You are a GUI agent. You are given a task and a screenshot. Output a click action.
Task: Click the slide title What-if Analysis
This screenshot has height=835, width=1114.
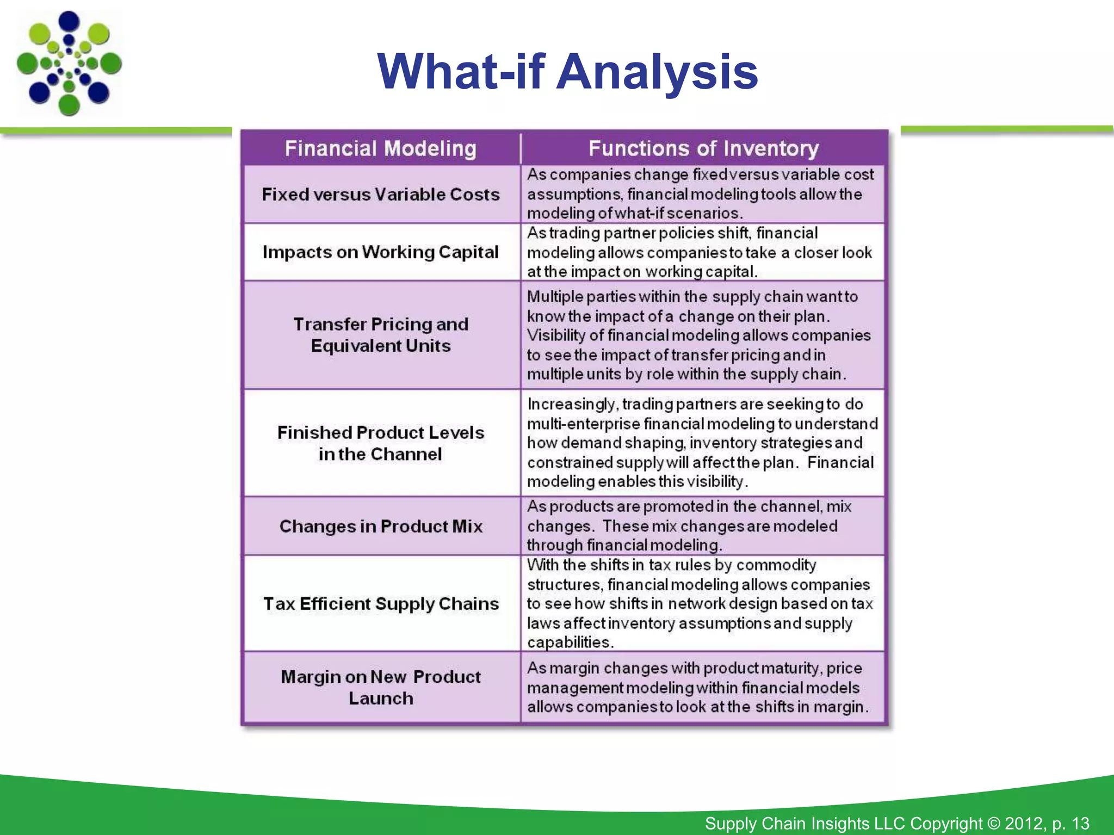(x=567, y=72)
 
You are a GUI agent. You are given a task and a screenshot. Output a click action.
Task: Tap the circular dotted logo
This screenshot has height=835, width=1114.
(x=69, y=63)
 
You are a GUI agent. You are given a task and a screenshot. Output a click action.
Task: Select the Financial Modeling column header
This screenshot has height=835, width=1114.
(x=381, y=148)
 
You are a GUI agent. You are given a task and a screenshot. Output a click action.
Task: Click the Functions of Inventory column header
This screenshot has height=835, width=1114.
(x=703, y=148)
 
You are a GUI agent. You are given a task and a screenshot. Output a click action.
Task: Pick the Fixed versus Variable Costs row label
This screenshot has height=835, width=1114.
(x=381, y=195)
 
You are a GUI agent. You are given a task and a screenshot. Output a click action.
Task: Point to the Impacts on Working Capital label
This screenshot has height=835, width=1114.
(x=381, y=252)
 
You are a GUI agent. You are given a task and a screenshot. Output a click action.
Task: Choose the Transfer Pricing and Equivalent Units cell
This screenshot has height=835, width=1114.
(x=381, y=335)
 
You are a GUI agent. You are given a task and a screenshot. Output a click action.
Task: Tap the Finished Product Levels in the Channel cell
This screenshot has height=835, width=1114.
(x=381, y=443)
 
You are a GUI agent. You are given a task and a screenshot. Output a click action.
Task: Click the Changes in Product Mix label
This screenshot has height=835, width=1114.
(x=381, y=526)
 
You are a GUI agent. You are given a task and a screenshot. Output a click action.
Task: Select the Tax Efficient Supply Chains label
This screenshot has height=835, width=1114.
(x=381, y=603)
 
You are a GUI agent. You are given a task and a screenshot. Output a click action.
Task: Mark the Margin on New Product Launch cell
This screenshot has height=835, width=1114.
(x=381, y=688)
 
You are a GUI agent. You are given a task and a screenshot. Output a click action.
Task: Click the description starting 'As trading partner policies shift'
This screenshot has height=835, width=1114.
(x=699, y=252)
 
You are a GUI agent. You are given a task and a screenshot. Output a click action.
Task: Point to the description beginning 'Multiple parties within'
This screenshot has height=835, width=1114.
(x=699, y=335)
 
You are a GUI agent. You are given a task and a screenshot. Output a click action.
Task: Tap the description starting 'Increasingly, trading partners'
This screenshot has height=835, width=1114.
(x=702, y=443)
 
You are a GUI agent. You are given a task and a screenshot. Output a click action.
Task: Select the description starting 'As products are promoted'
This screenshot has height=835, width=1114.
(x=688, y=526)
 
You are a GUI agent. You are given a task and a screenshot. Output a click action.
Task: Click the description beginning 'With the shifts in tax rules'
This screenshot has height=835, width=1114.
(x=699, y=603)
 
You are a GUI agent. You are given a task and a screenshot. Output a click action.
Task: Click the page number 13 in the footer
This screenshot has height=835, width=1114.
(x=1080, y=824)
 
